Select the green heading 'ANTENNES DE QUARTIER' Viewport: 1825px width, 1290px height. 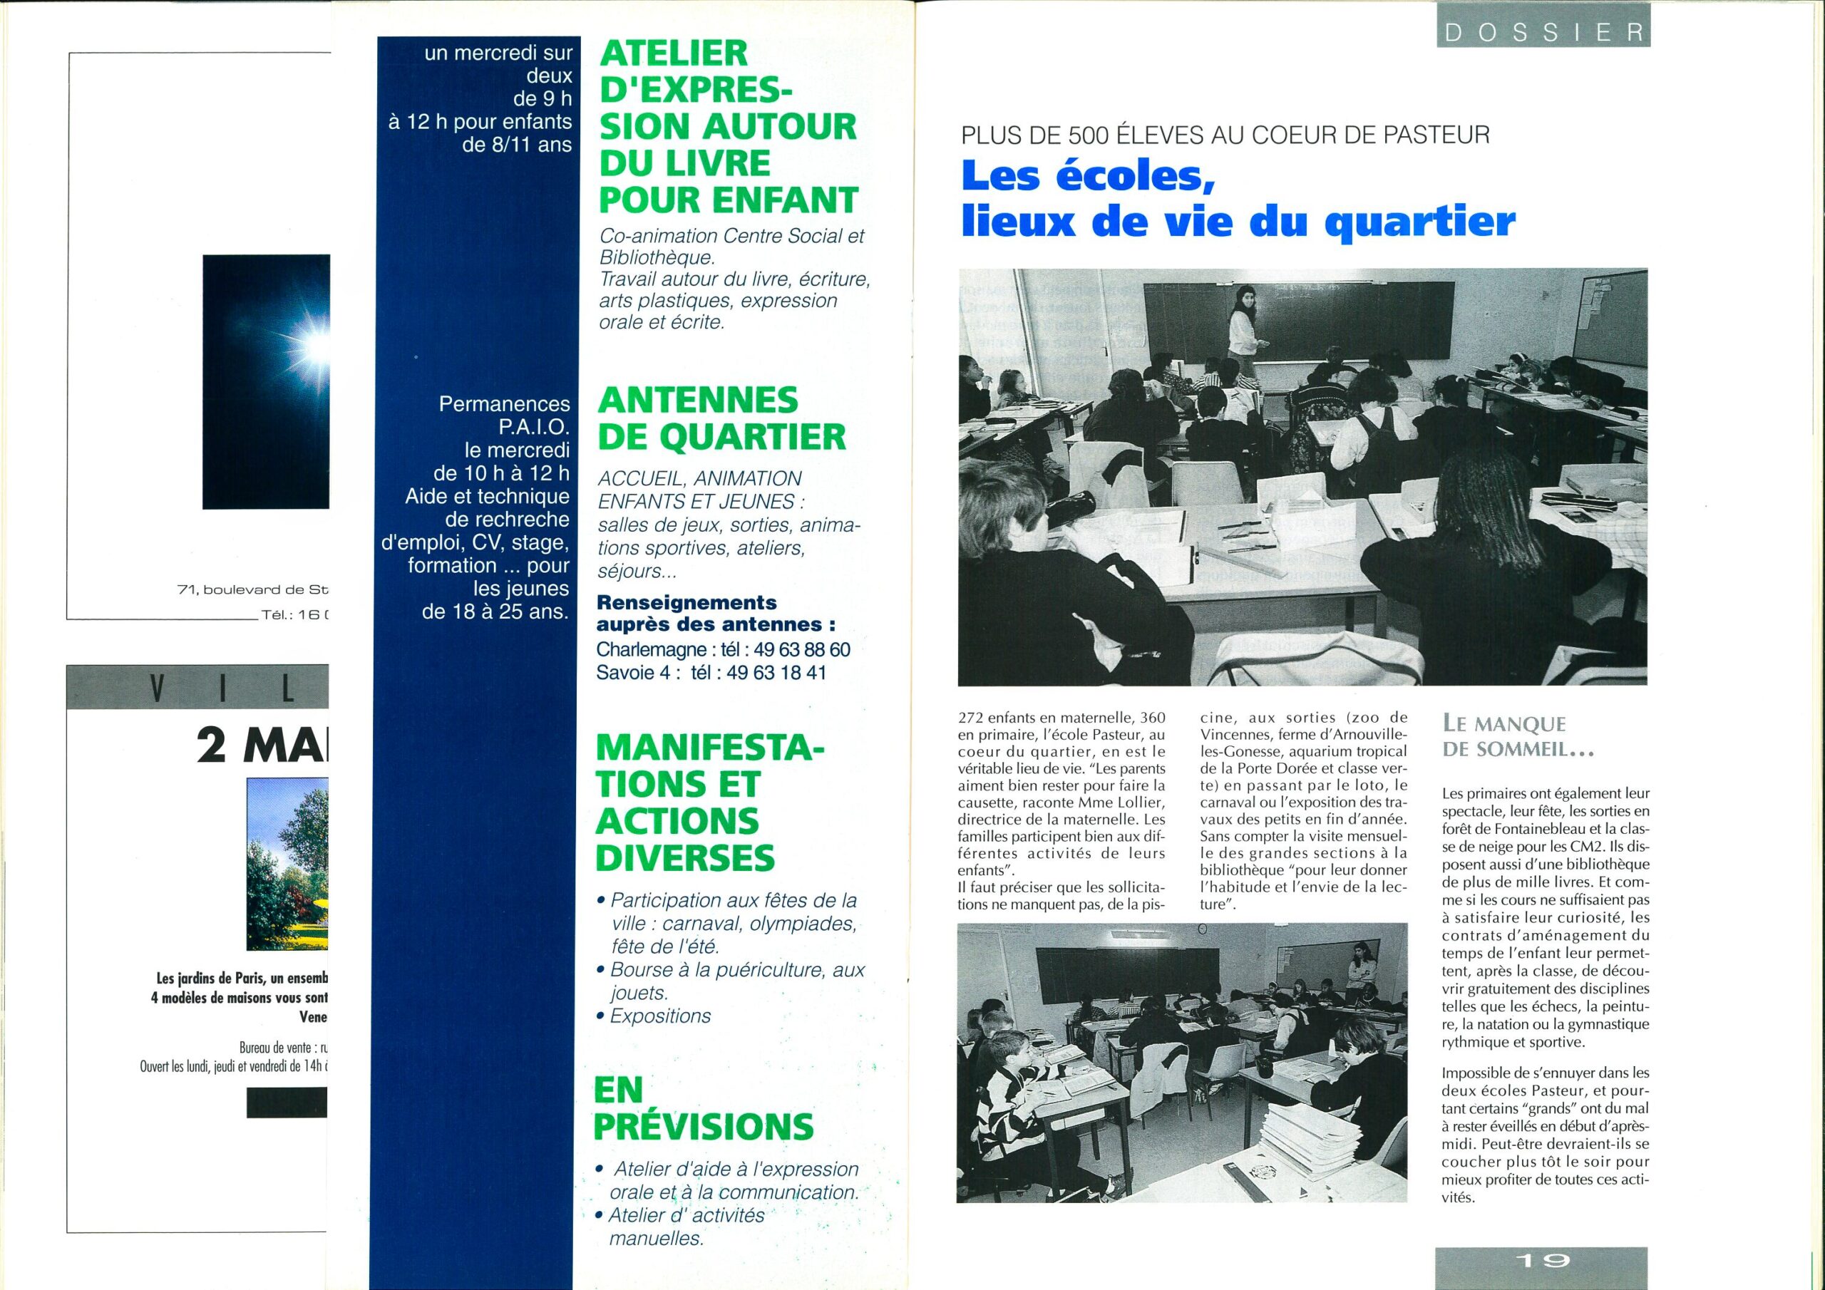point(720,418)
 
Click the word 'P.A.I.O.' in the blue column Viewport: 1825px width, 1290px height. point(534,427)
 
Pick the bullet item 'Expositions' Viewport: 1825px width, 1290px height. point(659,1016)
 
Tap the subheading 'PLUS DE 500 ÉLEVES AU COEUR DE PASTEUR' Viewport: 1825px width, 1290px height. point(1224,135)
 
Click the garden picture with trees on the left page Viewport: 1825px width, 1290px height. point(288,864)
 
